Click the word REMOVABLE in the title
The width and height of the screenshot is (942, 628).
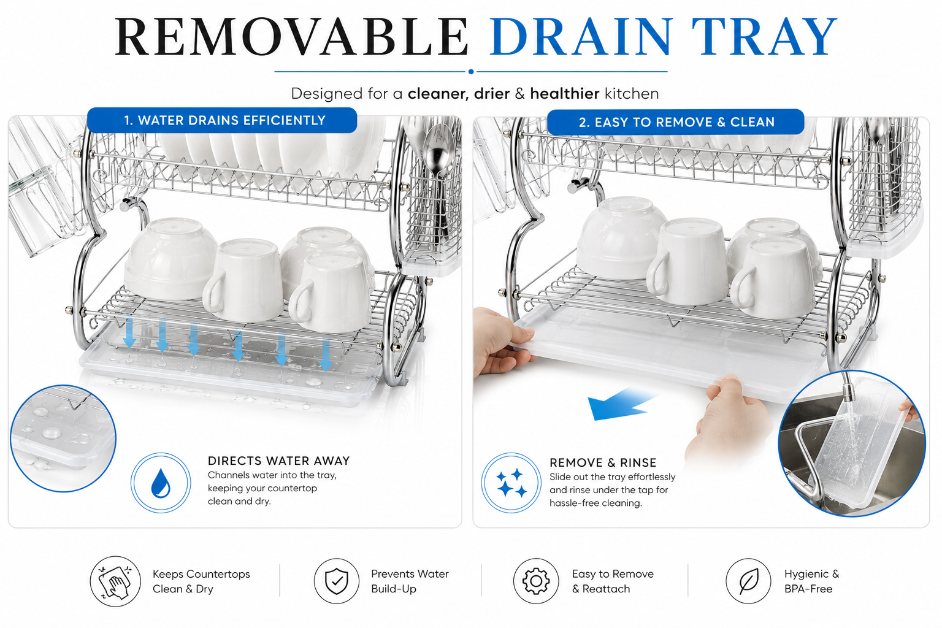(291, 37)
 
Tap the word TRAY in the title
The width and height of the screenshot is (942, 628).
(765, 37)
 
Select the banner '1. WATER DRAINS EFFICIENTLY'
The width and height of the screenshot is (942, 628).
(222, 120)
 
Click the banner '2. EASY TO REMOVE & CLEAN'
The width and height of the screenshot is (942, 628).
(676, 122)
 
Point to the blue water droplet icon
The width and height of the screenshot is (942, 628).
(161, 483)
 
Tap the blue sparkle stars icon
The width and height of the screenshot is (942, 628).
(511, 483)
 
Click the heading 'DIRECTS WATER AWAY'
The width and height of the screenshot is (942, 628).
(278, 461)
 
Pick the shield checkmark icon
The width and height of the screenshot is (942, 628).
(337, 581)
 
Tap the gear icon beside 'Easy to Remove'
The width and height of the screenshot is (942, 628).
(536, 581)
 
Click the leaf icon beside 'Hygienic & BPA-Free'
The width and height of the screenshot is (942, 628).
(749, 581)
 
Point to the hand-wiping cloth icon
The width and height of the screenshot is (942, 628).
(115, 581)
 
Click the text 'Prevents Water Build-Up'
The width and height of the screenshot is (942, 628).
(410, 581)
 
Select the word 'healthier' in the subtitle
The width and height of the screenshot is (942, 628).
(564, 93)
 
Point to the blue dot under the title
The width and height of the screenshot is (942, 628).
(471, 72)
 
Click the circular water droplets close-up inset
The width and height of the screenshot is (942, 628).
(63, 438)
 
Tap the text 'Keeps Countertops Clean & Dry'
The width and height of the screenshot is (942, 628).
(201, 581)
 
